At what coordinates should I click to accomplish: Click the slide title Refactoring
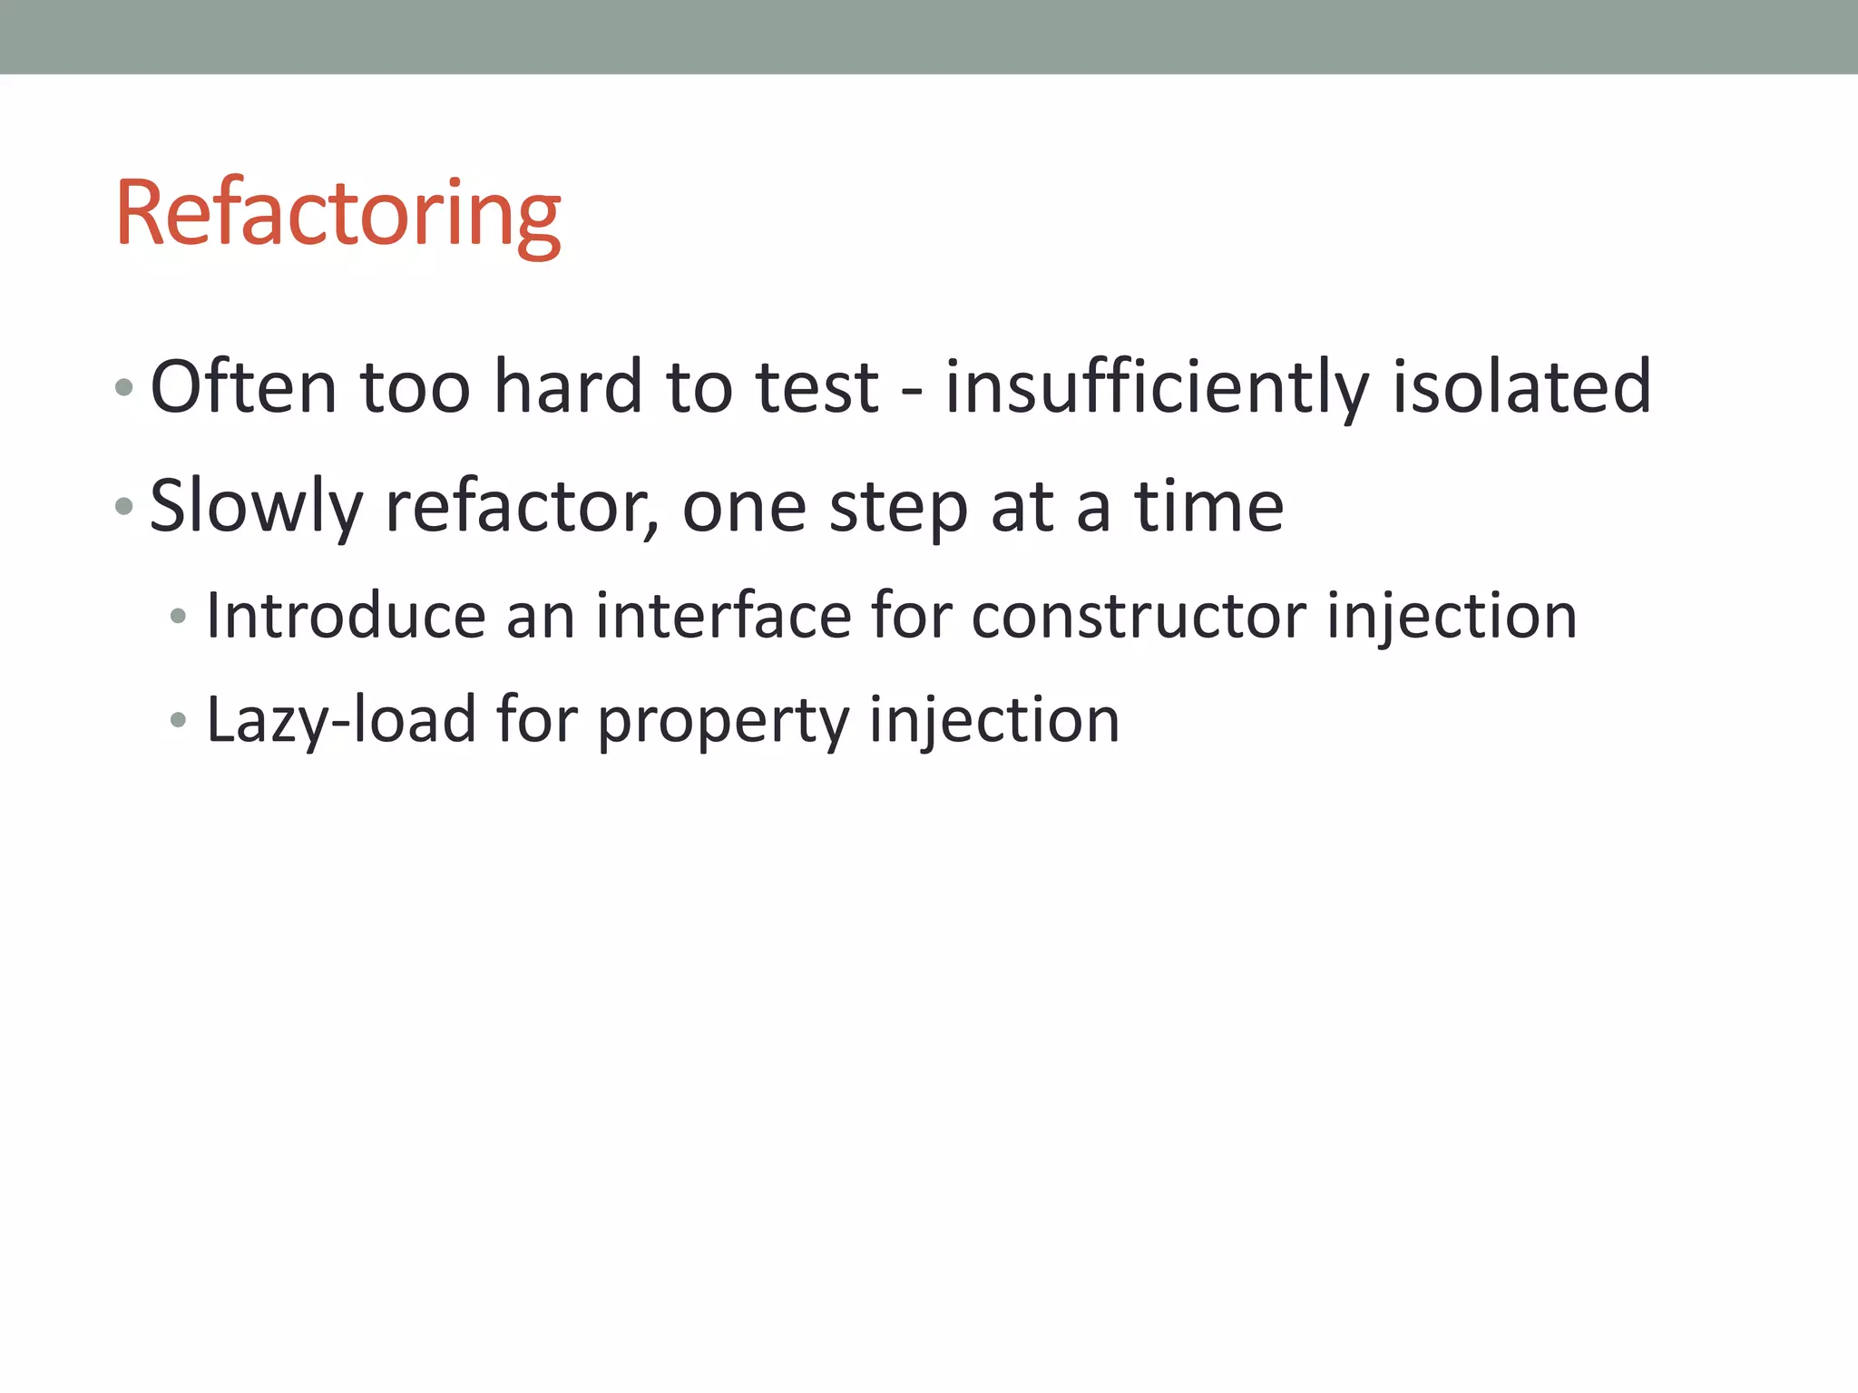click(x=337, y=214)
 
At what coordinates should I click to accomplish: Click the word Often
click(x=243, y=387)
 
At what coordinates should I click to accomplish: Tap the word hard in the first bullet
click(x=568, y=387)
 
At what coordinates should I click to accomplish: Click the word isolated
click(x=1521, y=387)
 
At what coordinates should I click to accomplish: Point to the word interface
click(x=723, y=616)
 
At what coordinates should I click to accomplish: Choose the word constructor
click(x=1139, y=616)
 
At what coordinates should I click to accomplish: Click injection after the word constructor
click(x=1452, y=616)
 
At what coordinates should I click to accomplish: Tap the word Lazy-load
click(x=341, y=720)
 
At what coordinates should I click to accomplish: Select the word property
click(x=722, y=720)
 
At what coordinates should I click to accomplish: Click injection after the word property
click(x=994, y=720)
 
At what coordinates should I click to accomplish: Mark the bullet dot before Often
click(x=124, y=388)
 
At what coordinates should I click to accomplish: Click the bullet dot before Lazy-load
click(x=178, y=721)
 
